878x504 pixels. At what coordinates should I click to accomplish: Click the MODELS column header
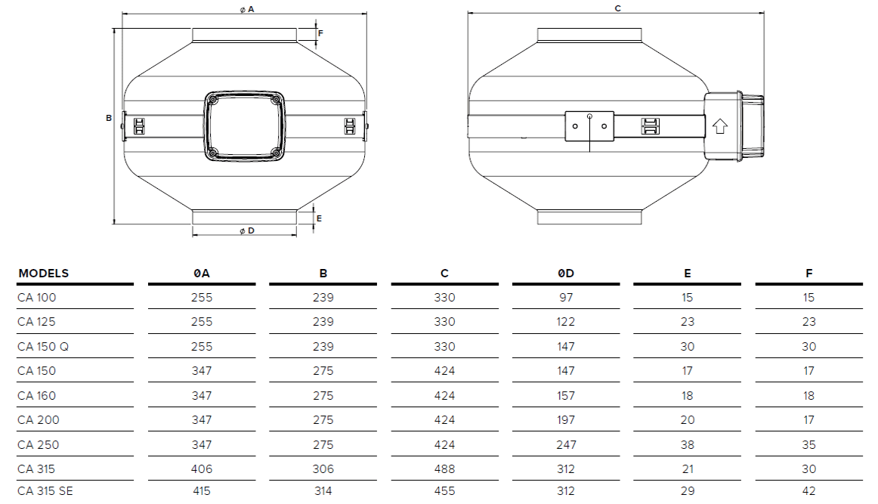[43, 274]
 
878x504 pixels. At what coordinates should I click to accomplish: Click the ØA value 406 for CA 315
[202, 469]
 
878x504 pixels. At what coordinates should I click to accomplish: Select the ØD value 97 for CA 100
[566, 298]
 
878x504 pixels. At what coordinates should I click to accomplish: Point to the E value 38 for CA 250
[687, 445]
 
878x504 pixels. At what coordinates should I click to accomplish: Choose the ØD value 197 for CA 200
[566, 420]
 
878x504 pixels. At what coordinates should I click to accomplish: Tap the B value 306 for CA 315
[323, 469]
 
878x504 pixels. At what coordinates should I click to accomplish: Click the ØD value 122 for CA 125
[566, 322]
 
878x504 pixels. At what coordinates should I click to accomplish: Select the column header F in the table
[808, 274]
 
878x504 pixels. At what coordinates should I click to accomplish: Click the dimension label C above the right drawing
[617, 8]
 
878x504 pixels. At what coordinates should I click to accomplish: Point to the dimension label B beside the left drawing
[109, 118]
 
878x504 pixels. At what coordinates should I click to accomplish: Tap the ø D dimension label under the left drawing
[246, 230]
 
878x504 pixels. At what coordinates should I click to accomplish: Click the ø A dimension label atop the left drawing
[246, 8]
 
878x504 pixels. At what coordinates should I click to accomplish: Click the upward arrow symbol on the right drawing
[719, 126]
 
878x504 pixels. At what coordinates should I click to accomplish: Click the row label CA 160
[36, 396]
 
